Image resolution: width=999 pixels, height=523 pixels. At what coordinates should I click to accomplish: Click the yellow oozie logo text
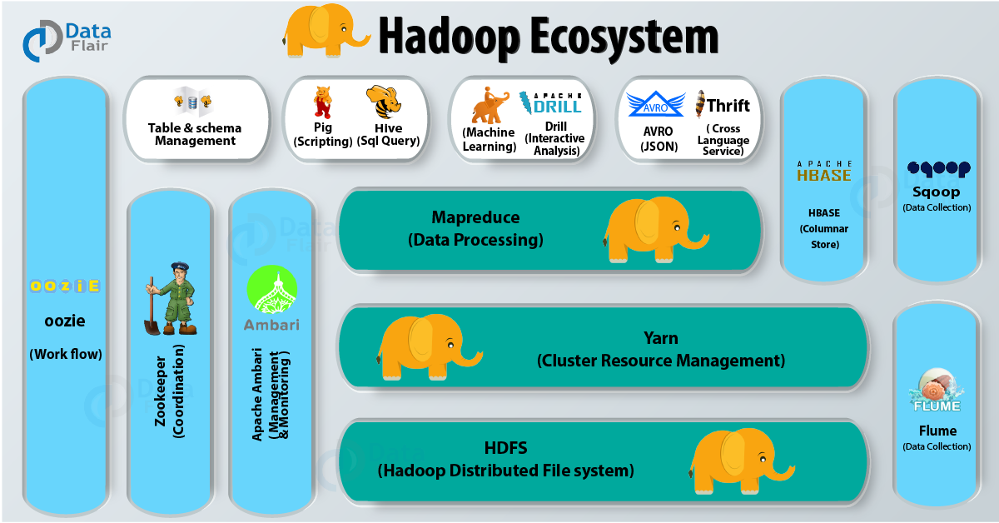(65, 286)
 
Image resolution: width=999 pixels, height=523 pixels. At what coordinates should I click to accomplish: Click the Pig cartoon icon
(323, 102)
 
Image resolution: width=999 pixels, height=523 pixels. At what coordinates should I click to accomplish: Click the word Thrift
(728, 106)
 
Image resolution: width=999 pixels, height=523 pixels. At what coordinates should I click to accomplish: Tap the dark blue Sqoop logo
(938, 169)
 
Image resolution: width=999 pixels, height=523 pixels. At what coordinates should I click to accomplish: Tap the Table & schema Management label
(195, 134)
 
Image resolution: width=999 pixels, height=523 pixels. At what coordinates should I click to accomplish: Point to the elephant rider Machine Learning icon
(490, 105)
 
